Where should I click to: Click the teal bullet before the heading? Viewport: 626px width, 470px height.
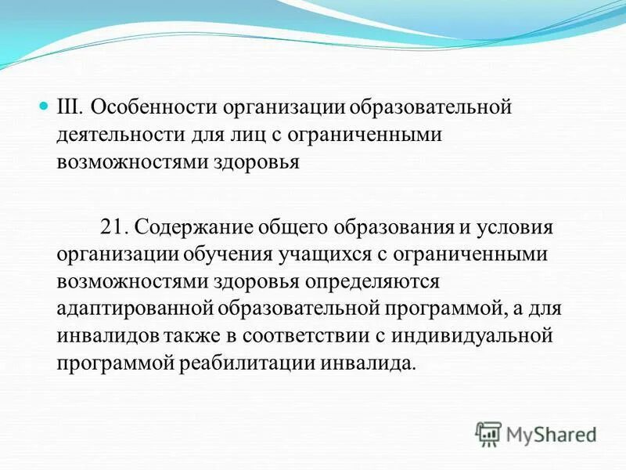pos(45,105)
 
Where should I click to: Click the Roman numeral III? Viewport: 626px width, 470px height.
pos(70,107)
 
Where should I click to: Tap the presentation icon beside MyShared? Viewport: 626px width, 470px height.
pos(488,433)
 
